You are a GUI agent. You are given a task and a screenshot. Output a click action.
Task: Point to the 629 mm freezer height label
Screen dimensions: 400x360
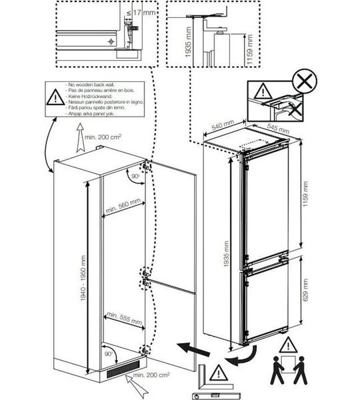[305, 298]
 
